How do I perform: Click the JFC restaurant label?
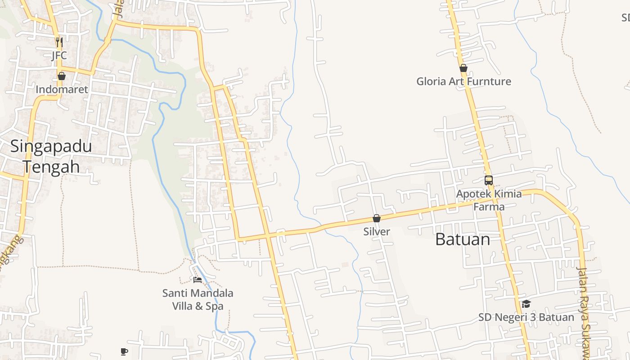pos(59,55)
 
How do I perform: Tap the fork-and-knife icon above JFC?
pos(59,42)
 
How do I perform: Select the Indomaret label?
pos(62,89)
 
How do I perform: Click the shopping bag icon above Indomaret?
pos(62,76)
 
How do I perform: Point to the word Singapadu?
pos(51,146)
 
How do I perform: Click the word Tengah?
pos(51,166)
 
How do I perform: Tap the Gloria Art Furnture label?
pos(463,81)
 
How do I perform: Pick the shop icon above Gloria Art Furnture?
pos(463,68)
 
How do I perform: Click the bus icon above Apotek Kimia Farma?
pos(489,180)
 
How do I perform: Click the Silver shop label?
pos(377,231)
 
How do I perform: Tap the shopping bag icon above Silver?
pos(377,219)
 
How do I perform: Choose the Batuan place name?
pos(463,239)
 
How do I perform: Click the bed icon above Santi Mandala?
pos(198,280)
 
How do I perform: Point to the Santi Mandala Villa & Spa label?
pos(198,300)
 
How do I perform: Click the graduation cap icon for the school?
pos(526,304)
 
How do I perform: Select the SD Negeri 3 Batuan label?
pos(526,317)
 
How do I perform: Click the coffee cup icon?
pos(124,351)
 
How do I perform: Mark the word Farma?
pos(489,207)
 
